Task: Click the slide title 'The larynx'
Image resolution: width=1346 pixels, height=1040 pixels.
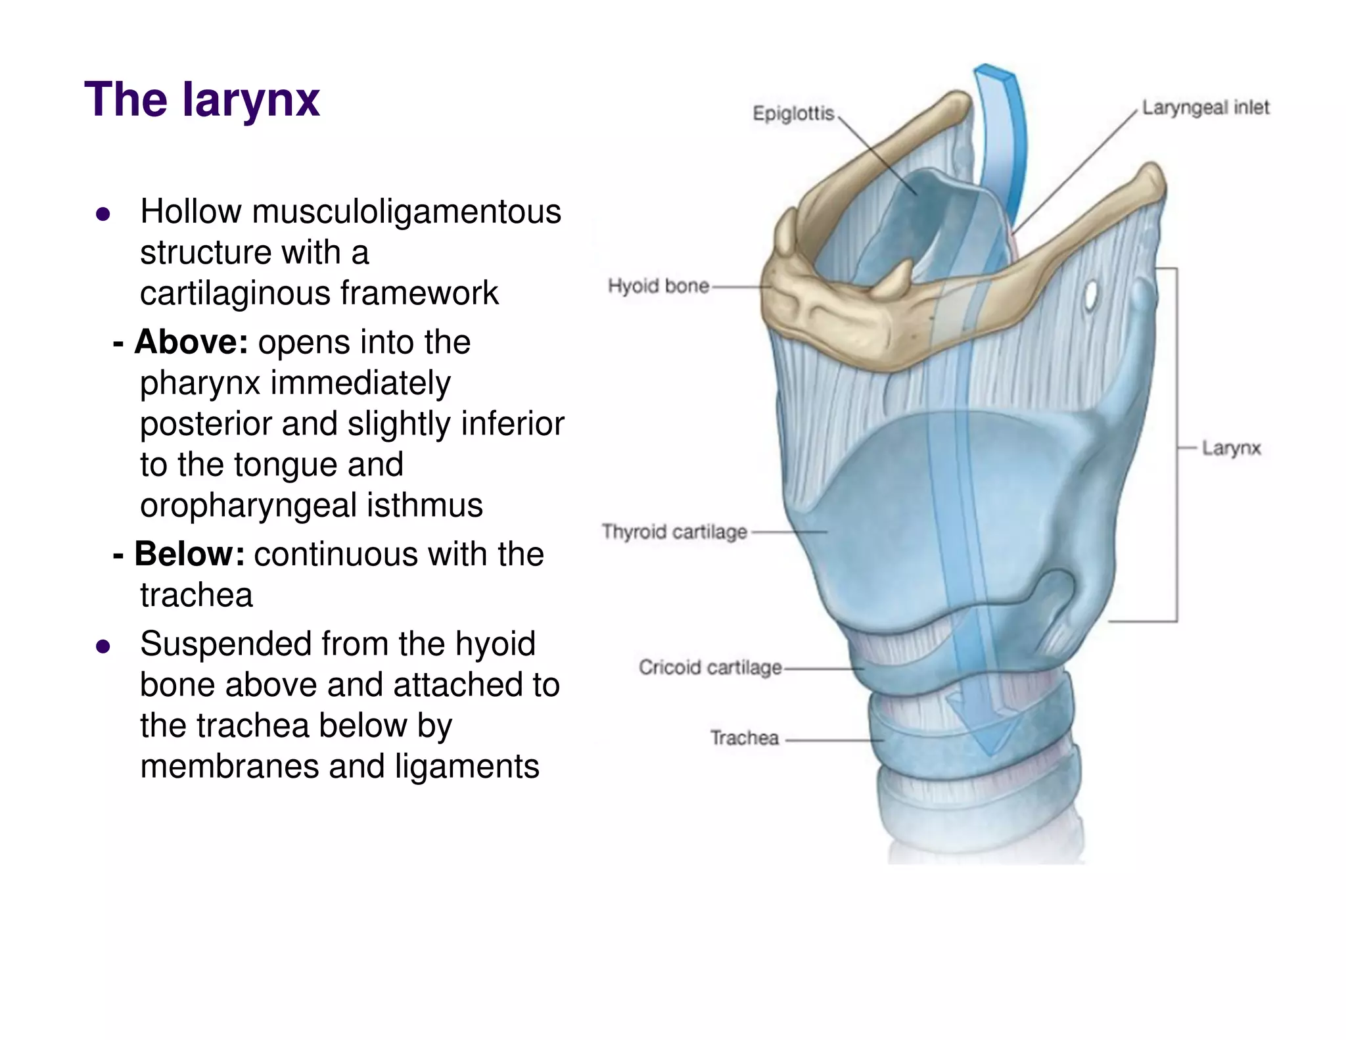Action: click(202, 100)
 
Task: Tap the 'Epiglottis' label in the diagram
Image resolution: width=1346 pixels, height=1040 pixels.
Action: click(793, 114)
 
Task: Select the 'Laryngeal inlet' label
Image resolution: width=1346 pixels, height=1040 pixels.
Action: click(1205, 107)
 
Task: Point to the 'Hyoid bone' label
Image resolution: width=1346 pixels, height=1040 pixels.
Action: click(658, 286)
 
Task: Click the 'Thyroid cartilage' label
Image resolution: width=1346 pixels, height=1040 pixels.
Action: click(674, 531)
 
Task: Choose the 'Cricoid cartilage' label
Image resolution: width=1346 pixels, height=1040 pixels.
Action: click(710, 667)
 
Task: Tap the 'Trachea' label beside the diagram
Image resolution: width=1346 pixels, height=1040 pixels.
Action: click(744, 738)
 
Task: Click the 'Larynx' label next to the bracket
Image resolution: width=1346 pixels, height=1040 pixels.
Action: click(1231, 448)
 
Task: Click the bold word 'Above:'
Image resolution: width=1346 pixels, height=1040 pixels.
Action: click(191, 343)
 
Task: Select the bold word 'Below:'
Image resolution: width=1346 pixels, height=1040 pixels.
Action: click(189, 554)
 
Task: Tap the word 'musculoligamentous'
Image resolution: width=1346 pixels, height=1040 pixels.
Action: click(406, 212)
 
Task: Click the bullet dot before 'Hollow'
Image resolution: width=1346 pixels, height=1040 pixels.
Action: click(103, 214)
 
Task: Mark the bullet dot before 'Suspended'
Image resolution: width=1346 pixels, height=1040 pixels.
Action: click(103, 646)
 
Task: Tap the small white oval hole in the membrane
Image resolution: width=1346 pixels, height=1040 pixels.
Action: click(1092, 296)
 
